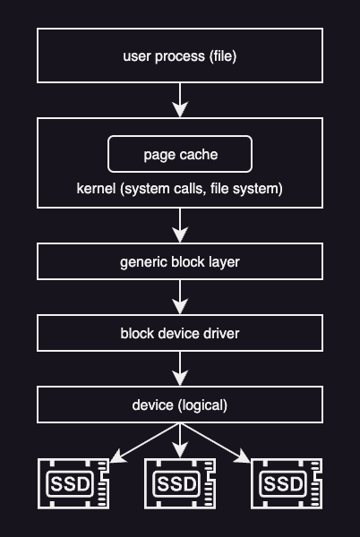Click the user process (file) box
(180, 55)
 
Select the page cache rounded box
(180, 155)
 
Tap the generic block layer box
(180, 261)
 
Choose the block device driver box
(180, 333)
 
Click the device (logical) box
(180, 405)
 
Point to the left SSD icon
(73, 483)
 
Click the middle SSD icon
(180, 483)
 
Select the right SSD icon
(287, 483)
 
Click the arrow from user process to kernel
(180, 100)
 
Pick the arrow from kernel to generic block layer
(180, 226)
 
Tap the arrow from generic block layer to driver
(180, 297)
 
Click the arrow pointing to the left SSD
(143, 442)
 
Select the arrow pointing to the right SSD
(217, 442)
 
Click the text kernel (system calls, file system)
(180, 189)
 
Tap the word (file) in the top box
(223, 56)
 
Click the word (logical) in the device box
(203, 405)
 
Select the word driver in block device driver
(220, 334)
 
